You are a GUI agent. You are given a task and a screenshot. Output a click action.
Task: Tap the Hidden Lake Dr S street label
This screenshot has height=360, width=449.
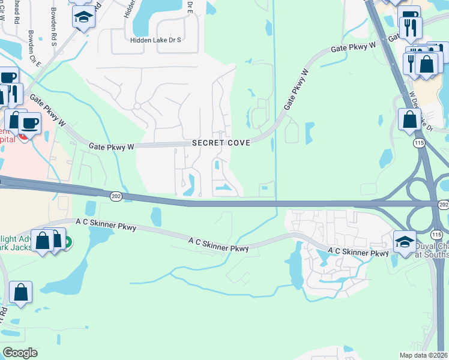tap(155, 41)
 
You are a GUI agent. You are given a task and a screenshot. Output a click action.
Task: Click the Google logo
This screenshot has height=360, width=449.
tap(20, 353)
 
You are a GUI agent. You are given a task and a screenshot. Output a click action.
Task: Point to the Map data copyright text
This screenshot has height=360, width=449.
tap(424, 355)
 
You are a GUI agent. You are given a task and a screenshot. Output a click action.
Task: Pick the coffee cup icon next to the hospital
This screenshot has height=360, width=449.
tap(29, 122)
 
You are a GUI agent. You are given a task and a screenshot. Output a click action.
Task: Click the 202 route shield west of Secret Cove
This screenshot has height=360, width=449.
tap(116, 196)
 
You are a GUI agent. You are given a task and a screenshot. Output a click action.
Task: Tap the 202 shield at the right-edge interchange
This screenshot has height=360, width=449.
tap(443, 205)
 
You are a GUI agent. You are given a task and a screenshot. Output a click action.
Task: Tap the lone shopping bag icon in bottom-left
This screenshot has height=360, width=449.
tap(20, 292)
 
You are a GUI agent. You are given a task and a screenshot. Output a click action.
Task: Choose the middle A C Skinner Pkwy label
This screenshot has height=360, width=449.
tap(218, 244)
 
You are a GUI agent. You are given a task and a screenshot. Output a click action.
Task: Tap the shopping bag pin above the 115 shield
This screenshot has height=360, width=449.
tap(410, 119)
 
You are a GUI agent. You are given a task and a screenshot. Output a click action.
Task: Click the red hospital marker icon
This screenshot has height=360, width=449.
tap(23, 136)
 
